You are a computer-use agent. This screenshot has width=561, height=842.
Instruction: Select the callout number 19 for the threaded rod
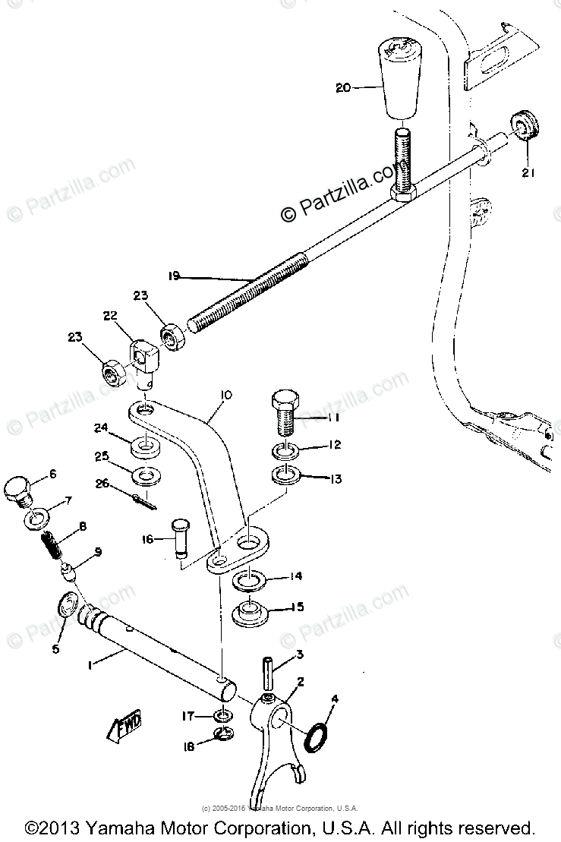tap(174, 277)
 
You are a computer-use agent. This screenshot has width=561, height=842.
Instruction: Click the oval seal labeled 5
tap(69, 607)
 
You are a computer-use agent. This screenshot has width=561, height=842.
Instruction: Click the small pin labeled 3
tap(268, 667)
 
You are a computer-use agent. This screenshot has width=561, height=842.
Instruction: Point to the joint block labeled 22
tap(143, 354)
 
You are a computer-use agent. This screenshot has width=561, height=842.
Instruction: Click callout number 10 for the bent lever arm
tap(226, 395)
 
